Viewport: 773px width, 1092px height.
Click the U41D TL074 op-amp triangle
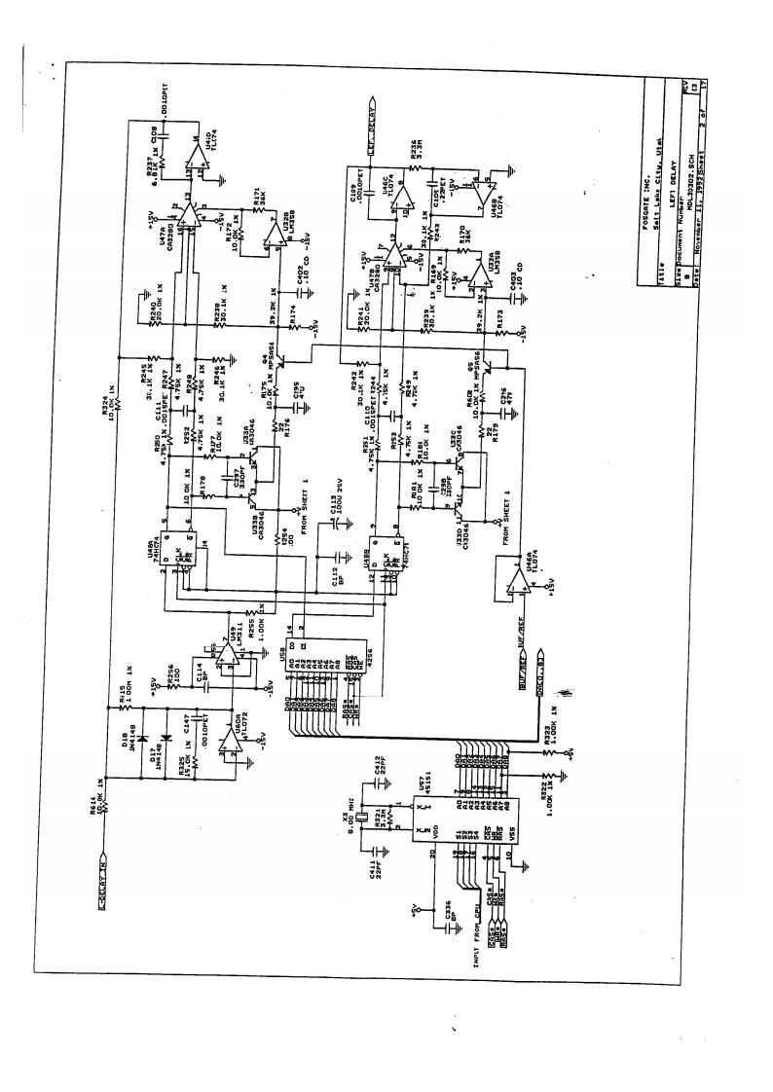[197, 153]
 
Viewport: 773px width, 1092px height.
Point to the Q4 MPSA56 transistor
[279, 361]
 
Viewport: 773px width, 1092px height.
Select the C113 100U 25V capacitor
[336, 526]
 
